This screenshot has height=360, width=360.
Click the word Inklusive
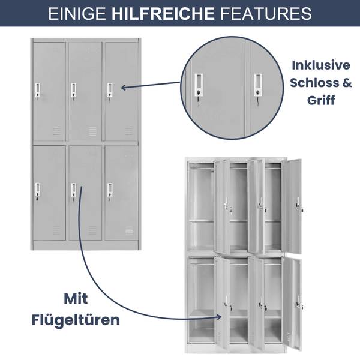[321, 65]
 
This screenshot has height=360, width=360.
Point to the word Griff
[321, 101]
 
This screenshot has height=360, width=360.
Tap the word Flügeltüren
[76, 319]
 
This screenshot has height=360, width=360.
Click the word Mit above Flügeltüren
[76, 298]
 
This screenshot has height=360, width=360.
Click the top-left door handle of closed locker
[37, 91]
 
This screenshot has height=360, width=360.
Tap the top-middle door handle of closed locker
[73, 91]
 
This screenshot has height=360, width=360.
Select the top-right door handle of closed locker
[110, 91]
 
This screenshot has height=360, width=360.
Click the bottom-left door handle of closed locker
[37, 191]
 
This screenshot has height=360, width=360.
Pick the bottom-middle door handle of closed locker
[73, 191]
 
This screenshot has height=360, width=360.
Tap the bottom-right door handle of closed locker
[110, 191]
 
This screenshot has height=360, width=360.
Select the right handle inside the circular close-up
[257, 85]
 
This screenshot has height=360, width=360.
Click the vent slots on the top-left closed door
[56, 130]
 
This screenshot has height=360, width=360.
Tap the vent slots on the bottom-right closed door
[129, 230]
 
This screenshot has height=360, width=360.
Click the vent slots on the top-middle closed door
[92, 130]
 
